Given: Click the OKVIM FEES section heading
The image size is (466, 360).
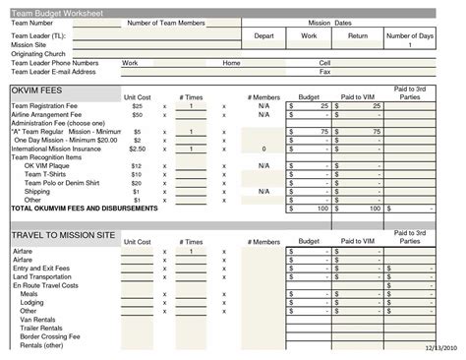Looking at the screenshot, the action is point(37,90).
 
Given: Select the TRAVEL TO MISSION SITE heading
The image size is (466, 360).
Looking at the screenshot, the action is point(62,237).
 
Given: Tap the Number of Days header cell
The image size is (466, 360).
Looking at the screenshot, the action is point(410,35).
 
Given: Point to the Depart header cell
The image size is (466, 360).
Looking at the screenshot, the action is point(263,35).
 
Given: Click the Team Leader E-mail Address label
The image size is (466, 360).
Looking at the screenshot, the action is point(53,72).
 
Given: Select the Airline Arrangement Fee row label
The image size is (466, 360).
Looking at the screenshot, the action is point(49,114).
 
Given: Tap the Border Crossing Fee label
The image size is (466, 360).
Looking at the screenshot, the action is point(49,336).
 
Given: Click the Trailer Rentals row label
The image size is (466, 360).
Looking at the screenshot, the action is point(41,328).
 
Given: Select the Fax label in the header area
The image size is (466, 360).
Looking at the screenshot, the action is point(324,72).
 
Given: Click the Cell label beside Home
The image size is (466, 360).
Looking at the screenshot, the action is point(324,63).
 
